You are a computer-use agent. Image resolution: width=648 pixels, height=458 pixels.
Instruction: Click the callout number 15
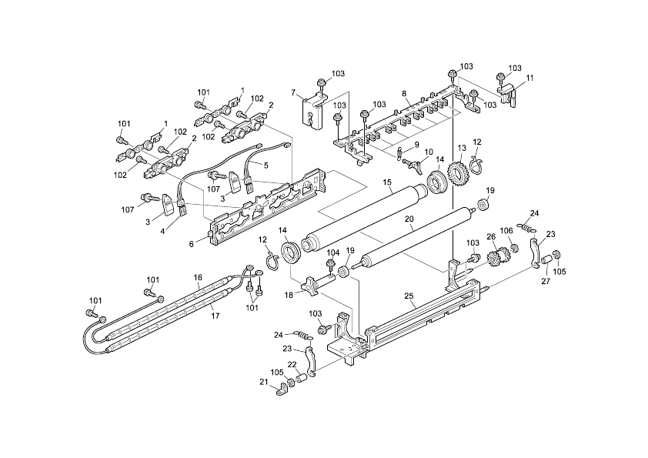[x=389, y=183]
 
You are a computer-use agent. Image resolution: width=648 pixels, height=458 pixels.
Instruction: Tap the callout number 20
[x=409, y=219]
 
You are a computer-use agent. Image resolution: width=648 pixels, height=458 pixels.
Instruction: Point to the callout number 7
[x=293, y=93]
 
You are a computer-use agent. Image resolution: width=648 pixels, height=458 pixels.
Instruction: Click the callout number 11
[x=529, y=79]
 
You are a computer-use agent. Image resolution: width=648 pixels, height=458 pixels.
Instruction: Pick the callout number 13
[x=462, y=148]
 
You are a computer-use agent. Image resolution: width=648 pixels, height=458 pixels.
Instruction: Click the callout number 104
[x=332, y=252]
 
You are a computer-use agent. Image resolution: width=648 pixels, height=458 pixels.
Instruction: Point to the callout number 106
[x=528, y=232]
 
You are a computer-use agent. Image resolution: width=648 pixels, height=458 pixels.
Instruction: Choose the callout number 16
[x=198, y=277]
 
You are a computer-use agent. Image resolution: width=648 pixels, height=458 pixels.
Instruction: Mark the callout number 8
[x=404, y=93]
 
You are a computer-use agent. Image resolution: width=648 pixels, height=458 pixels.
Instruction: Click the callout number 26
[x=491, y=236]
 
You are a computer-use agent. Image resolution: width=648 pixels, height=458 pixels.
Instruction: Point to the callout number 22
[x=292, y=364]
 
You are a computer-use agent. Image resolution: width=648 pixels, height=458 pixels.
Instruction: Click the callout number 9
[x=416, y=145]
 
